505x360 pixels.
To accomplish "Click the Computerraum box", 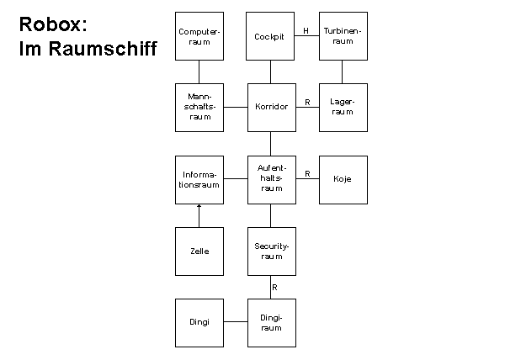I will pyautogui.click(x=199, y=36).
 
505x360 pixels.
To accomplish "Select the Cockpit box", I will pyautogui.click(x=271, y=36).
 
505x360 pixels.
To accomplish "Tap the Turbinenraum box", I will pyautogui.click(x=343, y=36).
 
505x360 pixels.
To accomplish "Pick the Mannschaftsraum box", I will pyautogui.click(x=199, y=108).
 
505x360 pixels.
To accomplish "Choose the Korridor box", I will pyautogui.click(x=271, y=108).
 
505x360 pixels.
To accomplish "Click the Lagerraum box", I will pyautogui.click(x=343, y=108).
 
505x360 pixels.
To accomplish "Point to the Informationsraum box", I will pyautogui.click(x=199, y=179).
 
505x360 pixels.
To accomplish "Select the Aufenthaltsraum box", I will pyautogui.click(x=271, y=179).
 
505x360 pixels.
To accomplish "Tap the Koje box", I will pyautogui.click(x=343, y=179).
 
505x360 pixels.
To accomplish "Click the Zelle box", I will pyautogui.click(x=199, y=251).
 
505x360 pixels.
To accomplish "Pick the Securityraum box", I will pyautogui.click(x=271, y=251).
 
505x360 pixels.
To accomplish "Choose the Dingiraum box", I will pyautogui.click(x=271, y=322).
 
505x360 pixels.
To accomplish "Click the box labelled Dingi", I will pyautogui.click(x=199, y=322).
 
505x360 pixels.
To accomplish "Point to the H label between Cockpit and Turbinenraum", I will pyautogui.click(x=306, y=31).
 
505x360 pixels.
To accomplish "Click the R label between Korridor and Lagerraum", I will pyautogui.click(x=307, y=103).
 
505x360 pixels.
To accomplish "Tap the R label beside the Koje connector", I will pyautogui.click(x=307, y=174).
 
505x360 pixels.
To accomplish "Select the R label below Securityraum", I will pyautogui.click(x=275, y=287).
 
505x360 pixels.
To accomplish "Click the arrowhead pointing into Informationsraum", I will pyautogui.click(x=199, y=206).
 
